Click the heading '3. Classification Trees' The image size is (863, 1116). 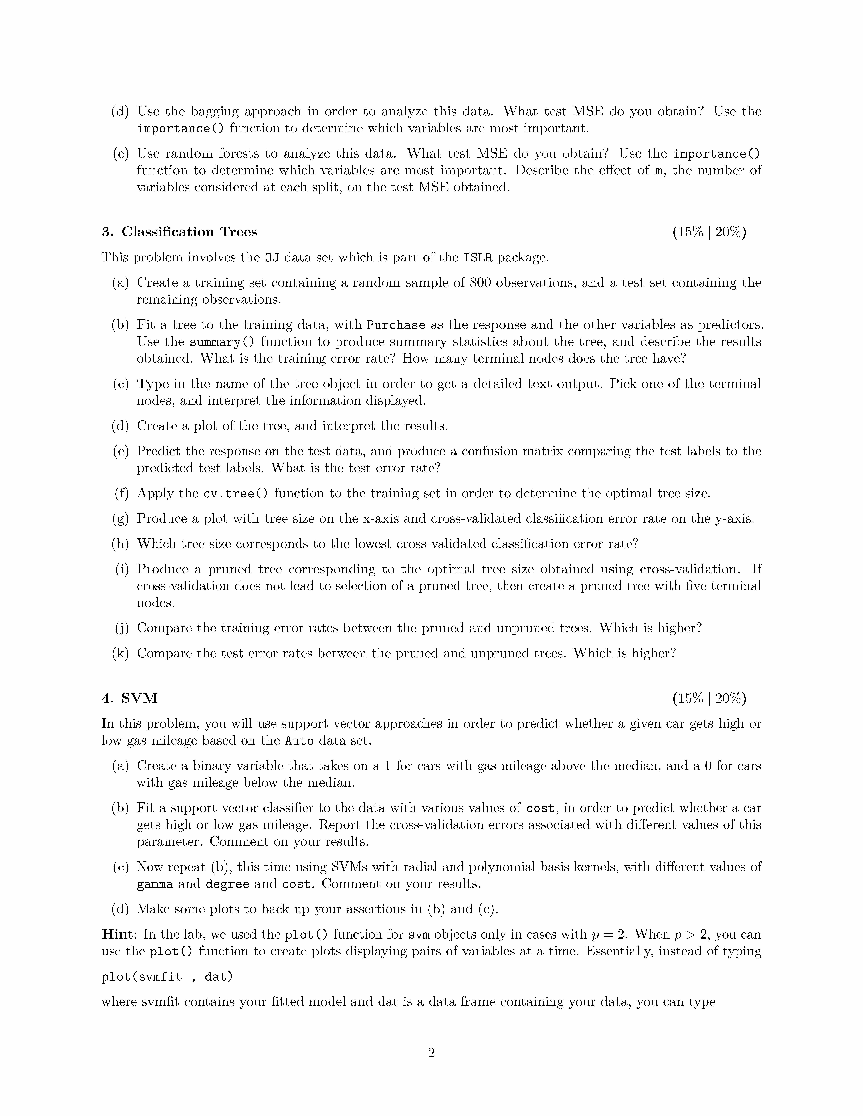(x=179, y=232)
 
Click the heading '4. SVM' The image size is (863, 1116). (x=129, y=698)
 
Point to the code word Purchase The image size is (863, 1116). (x=396, y=325)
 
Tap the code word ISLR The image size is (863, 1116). (x=478, y=257)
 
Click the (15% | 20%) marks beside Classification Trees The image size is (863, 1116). (x=709, y=232)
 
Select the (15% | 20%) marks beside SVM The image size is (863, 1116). (x=709, y=698)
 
